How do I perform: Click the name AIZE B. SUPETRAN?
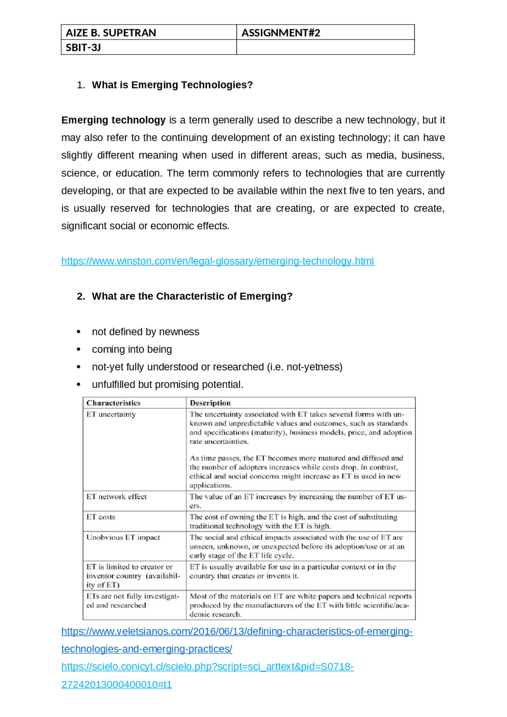[x=111, y=32]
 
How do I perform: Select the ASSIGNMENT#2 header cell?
[x=280, y=32]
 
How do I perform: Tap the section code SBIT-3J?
[x=83, y=48]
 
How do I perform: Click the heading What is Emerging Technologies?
[x=172, y=85]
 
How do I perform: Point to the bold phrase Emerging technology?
[x=113, y=120]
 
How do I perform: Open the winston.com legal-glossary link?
[x=217, y=261]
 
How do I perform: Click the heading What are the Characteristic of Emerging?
[x=192, y=296]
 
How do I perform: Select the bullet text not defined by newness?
[x=145, y=331]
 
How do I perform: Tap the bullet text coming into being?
[x=132, y=349]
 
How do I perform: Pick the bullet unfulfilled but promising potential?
[x=168, y=384]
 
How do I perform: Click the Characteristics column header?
[x=113, y=403]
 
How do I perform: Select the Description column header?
[x=210, y=403]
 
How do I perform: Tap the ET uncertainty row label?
[x=111, y=414]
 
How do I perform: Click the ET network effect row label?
[x=116, y=496]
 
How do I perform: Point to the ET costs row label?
[x=101, y=517]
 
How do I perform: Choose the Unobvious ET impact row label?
[x=123, y=537]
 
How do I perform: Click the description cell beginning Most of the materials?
[x=300, y=605]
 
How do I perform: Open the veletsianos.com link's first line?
[x=237, y=631]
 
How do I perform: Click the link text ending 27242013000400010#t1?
[x=116, y=684]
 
